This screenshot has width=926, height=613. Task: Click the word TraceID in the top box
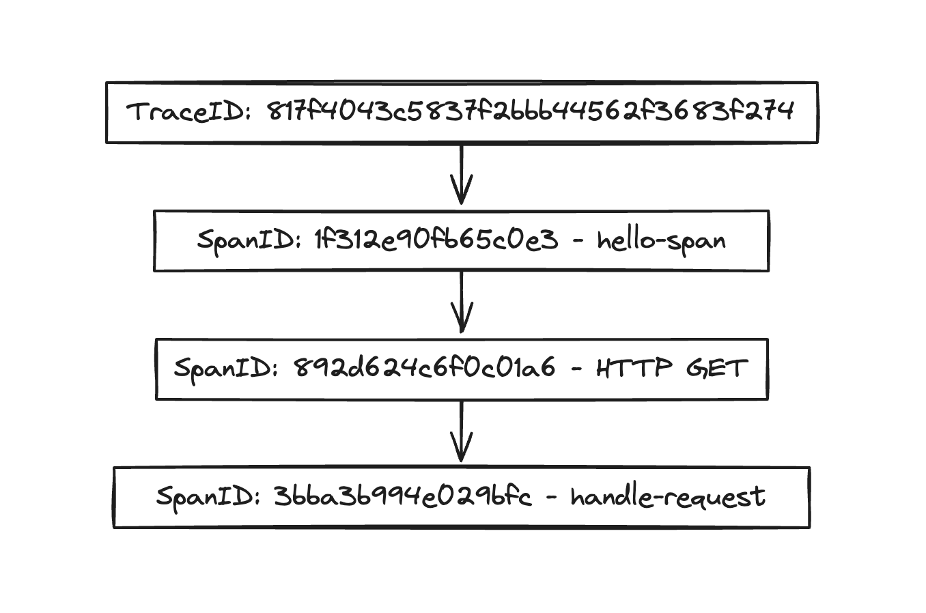pos(186,111)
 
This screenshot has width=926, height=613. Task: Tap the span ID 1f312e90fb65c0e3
pos(436,240)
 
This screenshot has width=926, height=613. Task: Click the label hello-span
pos(661,240)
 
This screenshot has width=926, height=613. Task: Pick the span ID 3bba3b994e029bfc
pos(402,496)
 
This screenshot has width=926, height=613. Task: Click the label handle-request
pos(668,497)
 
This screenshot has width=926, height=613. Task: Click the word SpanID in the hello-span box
pos(246,240)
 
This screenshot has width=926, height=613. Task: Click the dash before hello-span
pos(577,241)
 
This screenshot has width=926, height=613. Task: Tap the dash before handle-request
pos(551,497)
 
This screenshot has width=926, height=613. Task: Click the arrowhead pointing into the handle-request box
pos(462,454)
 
